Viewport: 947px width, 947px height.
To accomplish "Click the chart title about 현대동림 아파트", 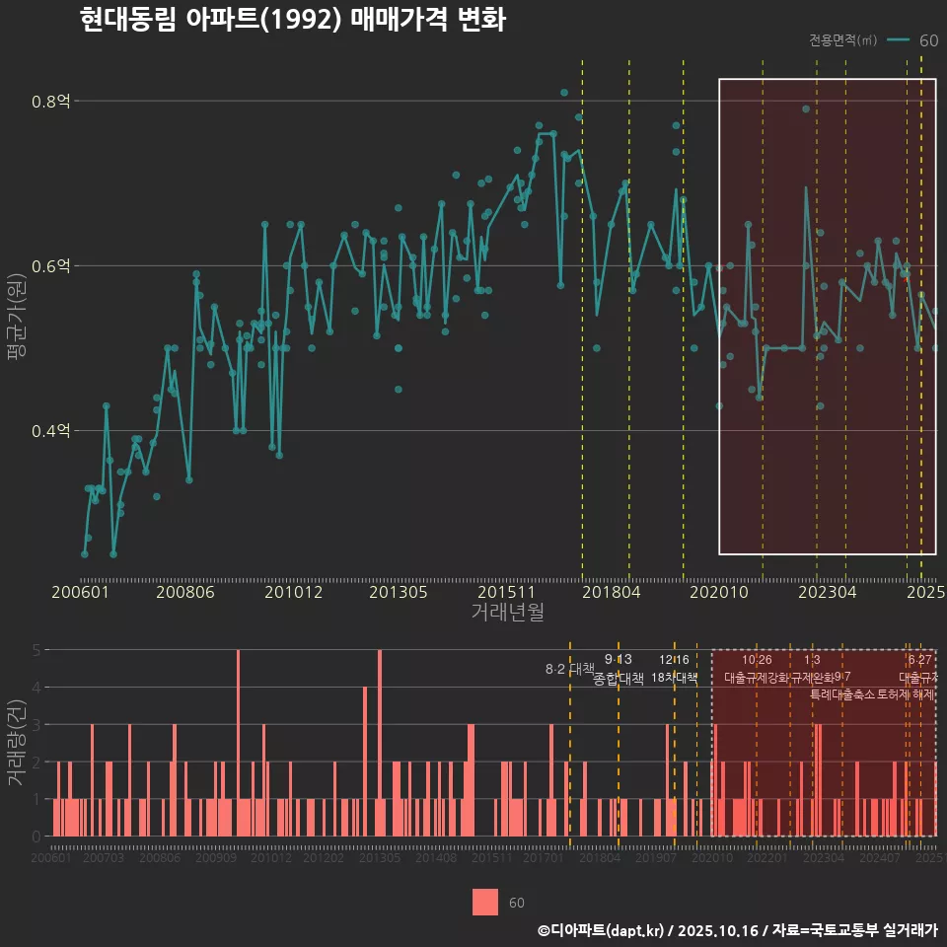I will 292,20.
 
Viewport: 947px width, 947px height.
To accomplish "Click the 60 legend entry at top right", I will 927,40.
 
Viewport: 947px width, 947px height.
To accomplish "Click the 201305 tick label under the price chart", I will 399,593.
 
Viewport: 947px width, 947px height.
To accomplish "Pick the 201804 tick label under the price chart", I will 611,593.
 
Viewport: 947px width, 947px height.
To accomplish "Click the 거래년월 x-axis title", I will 507,613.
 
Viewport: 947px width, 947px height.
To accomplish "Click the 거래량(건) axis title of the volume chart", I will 17,743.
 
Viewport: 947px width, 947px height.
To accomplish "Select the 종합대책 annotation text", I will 619,679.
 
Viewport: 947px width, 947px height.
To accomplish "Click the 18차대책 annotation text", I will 675,678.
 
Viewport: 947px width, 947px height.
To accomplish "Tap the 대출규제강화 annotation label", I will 757,678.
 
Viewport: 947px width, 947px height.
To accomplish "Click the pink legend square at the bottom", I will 485,902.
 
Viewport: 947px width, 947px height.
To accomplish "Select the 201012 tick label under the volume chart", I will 271,859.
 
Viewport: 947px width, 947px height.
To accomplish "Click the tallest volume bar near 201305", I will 380,742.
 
